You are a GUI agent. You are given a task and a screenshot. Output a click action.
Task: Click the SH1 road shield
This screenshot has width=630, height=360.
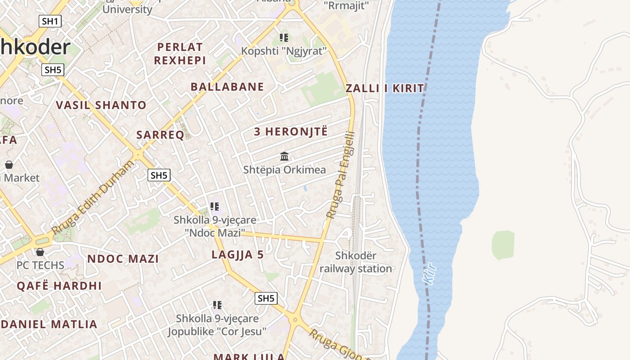tap(49, 21)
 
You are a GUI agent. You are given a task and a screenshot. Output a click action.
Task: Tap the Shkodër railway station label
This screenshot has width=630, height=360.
tap(355, 262)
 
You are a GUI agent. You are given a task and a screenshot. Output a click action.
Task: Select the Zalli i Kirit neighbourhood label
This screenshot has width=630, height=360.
tap(385, 88)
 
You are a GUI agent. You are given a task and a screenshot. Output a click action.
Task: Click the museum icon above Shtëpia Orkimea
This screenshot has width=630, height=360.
tap(284, 157)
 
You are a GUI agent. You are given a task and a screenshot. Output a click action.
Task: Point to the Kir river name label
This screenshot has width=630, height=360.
tap(430, 274)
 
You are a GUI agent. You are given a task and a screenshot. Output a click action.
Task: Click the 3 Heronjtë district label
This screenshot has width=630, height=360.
tap(291, 132)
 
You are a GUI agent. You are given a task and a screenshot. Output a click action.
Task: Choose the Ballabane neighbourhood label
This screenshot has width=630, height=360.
tap(227, 87)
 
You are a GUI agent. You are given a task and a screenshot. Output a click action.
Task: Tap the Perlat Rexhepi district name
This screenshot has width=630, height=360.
tap(180, 54)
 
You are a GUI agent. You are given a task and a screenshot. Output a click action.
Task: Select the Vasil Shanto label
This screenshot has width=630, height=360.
tap(101, 105)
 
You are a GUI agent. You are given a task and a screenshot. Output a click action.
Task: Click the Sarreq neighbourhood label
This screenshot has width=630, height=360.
tap(160, 135)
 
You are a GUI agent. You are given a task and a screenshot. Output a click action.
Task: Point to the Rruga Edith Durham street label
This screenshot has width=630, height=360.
tap(93, 197)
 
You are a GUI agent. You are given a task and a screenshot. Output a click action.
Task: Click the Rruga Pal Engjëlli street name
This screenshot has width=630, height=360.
tap(341, 175)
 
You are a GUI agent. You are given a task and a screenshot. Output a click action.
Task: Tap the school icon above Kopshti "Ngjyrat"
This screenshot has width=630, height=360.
tap(283, 37)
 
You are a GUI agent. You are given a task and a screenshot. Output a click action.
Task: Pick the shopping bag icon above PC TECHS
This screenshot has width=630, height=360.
tap(40, 252)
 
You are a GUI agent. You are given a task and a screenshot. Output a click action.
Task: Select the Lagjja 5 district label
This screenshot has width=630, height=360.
tap(238, 255)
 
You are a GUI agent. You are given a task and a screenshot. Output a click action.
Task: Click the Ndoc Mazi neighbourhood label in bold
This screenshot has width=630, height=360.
tap(123, 259)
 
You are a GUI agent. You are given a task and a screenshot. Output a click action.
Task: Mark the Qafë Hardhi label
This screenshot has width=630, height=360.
tap(59, 286)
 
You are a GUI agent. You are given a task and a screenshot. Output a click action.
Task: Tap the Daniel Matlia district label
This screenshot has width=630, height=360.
tap(49, 324)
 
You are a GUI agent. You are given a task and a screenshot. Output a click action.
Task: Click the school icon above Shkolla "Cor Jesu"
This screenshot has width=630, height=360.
tap(217, 306)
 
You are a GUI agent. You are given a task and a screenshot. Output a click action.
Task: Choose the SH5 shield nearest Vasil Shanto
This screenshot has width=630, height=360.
tap(53, 70)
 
